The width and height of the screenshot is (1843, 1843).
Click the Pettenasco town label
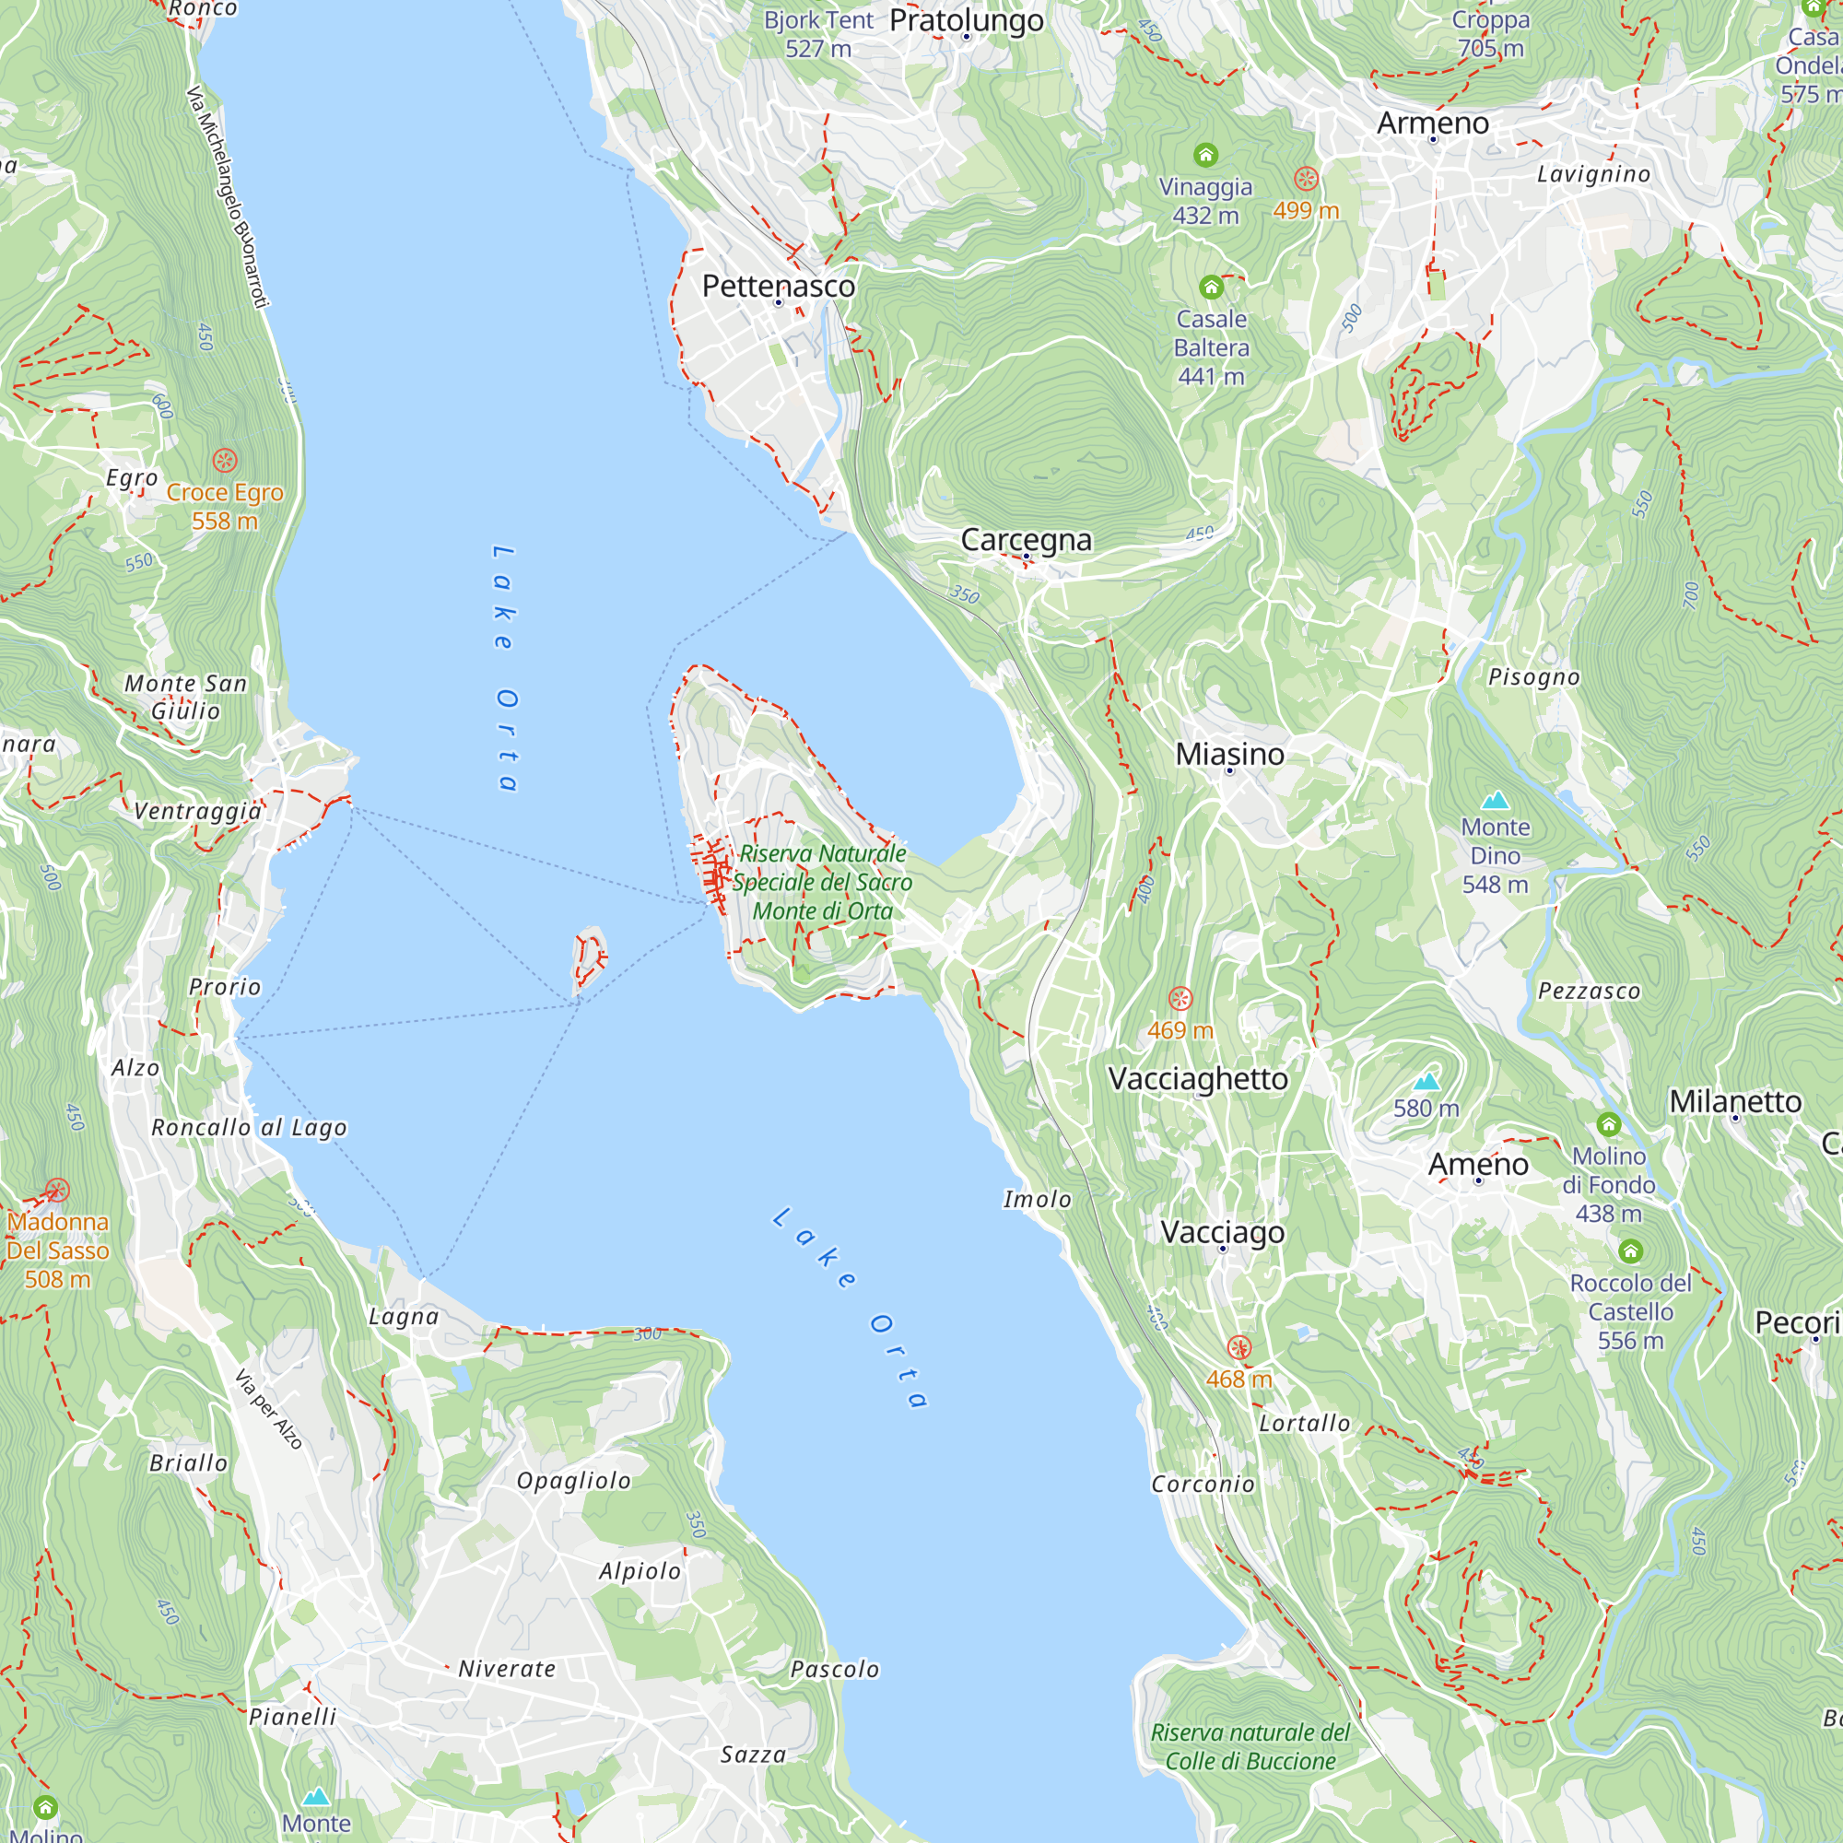779,287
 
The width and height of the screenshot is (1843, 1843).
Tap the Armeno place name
1432,123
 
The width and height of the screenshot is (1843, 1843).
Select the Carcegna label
1026,540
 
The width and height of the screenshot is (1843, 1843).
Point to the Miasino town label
1228,754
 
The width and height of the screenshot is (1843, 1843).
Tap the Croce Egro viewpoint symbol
225,462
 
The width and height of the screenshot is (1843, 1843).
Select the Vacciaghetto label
1197,1079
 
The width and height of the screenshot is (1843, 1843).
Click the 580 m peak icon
1426,1081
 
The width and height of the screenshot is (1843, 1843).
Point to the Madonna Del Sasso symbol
57,1191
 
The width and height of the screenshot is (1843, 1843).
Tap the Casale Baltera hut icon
1211,288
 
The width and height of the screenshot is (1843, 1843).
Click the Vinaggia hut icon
1204,155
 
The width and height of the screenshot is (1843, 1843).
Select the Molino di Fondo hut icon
1608,1124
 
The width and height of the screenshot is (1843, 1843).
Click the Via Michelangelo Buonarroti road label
227,197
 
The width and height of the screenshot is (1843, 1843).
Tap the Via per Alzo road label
268,1410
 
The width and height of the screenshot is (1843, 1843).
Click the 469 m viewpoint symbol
1180,999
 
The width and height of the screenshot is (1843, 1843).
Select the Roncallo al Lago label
249,1128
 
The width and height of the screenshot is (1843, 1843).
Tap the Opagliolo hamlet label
573,1481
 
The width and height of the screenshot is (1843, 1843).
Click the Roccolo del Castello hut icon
1630,1250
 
